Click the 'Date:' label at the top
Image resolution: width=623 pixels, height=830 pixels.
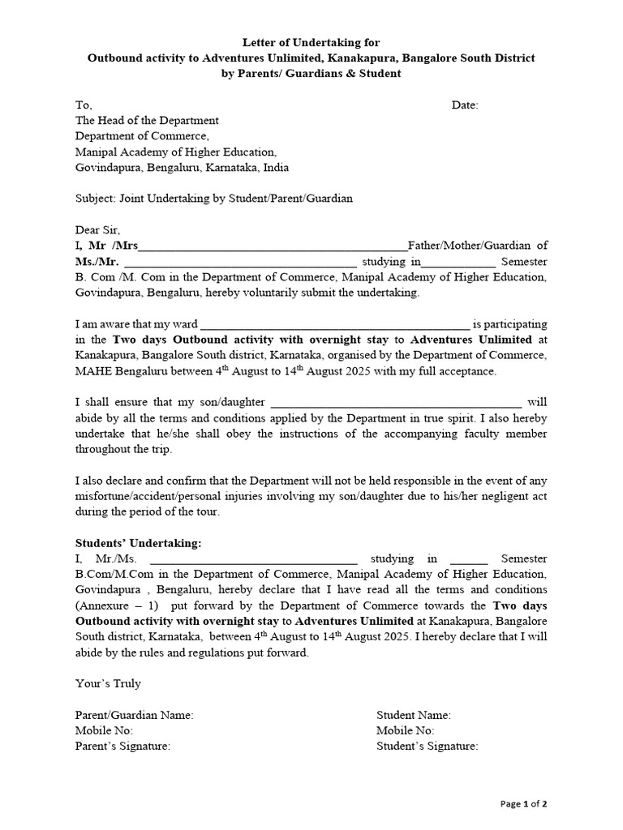pyautogui.click(x=465, y=105)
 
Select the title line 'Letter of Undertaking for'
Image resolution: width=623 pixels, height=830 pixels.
pyautogui.click(x=311, y=42)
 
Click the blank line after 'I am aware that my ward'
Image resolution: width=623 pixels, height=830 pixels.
pyautogui.click(x=334, y=324)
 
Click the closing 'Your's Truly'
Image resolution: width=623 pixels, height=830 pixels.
pyautogui.click(x=108, y=684)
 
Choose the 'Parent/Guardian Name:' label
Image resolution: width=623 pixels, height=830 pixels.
pyautogui.click(x=134, y=716)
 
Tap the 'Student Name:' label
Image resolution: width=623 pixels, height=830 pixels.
pyautogui.click(x=414, y=716)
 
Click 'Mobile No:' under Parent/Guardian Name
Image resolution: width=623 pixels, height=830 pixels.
pyautogui.click(x=104, y=731)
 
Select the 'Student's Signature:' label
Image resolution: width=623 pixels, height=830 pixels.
pyautogui.click(x=428, y=747)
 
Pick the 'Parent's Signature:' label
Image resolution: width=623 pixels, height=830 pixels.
pyautogui.click(x=122, y=747)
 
